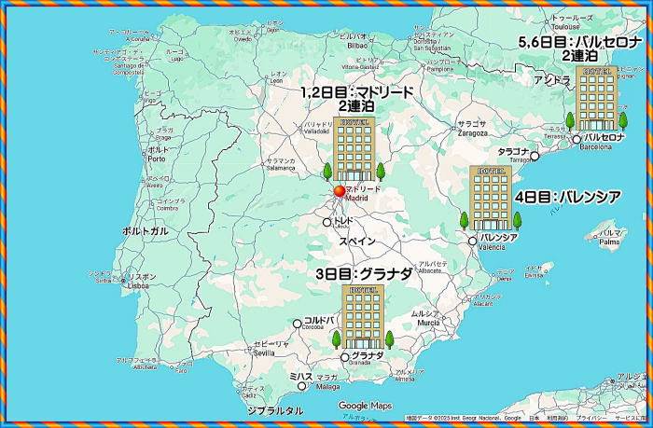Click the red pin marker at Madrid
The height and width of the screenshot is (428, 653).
tap(339, 191)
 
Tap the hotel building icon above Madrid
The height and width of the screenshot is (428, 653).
tap(354, 149)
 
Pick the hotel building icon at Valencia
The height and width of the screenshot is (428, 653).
tap(489, 198)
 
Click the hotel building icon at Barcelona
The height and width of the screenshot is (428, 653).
tap(596, 99)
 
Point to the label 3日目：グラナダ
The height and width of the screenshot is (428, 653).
tap(363, 274)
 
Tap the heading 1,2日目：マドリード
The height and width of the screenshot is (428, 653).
tap(356, 92)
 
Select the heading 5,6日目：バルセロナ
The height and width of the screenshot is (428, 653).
tap(579, 43)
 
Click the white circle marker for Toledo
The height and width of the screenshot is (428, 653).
tap(327, 223)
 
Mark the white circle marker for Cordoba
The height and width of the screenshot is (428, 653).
tap(298, 324)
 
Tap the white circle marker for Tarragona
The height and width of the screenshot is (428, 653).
tap(535, 156)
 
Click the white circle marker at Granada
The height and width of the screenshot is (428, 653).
tap(345, 356)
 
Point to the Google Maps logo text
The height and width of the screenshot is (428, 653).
tap(365, 406)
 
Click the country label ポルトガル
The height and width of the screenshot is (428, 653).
tap(146, 230)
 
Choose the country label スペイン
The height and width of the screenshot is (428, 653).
tap(356, 241)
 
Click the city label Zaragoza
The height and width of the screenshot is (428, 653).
tap(473, 133)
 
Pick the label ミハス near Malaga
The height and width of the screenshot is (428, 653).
tap(300, 377)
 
